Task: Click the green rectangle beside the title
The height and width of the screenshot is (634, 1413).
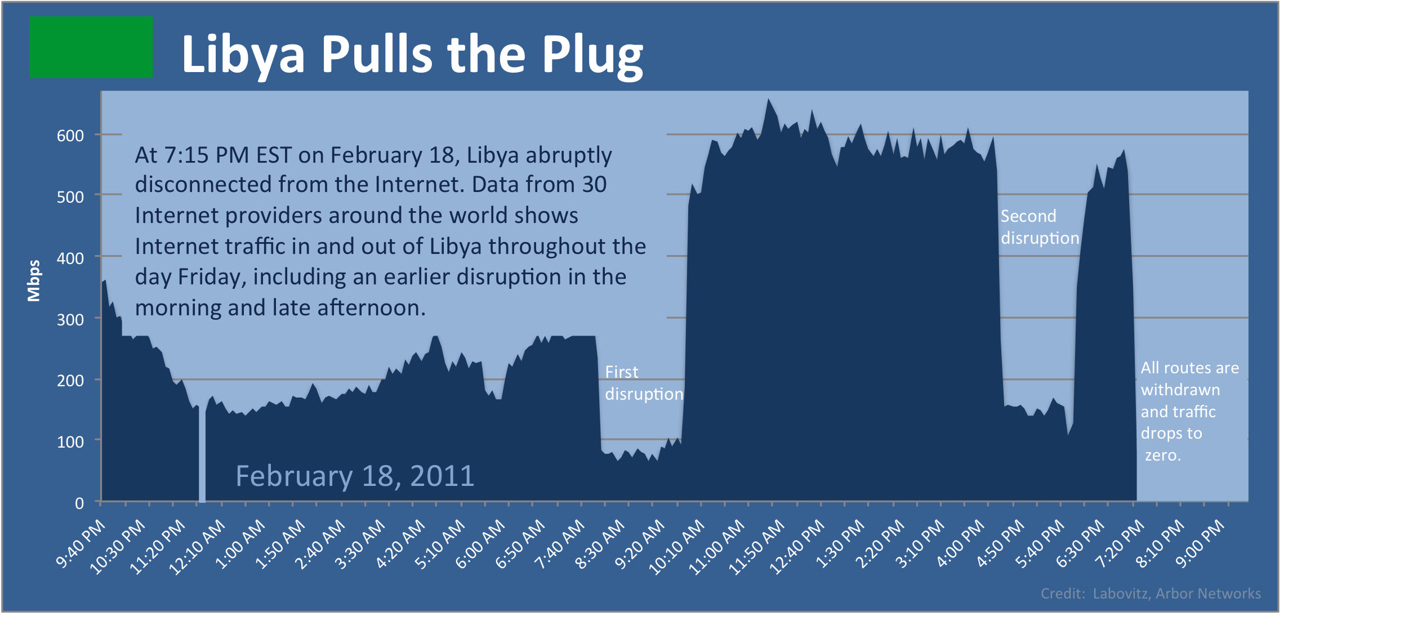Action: (91, 47)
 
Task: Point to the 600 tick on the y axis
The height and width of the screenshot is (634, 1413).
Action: (70, 136)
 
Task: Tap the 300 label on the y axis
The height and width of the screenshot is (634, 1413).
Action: (70, 320)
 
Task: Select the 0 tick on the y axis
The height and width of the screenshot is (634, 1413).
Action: (79, 503)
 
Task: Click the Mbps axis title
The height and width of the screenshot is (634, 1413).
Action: (34, 280)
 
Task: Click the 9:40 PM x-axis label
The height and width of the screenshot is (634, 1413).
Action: (81, 543)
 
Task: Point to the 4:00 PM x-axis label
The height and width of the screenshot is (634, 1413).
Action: (961, 543)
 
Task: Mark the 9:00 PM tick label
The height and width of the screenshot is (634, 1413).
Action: (1200, 543)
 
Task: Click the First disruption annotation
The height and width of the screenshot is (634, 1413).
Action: (643, 383)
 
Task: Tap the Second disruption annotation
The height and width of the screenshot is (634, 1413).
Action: (1040, 227)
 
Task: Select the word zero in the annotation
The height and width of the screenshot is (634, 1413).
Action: (1162, 456)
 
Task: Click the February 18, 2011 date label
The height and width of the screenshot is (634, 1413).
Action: (355, 476)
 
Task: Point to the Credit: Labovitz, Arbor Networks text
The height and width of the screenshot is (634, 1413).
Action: (1151, 593)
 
